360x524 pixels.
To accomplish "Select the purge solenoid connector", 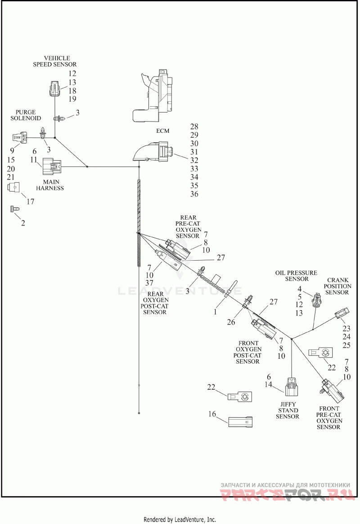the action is [x=19, y=138].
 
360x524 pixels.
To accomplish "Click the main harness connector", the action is [x=52, y=167].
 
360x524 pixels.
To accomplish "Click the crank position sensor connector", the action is [x=342, y=313].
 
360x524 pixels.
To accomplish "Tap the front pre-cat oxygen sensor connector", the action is [x=332, y=391].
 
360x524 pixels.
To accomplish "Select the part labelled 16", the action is [x=240, y=422].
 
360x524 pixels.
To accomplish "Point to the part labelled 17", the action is [x=13, y=187].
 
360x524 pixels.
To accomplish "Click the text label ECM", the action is [x=162, y=131].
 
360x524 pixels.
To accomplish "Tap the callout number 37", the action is [x=149, y=283].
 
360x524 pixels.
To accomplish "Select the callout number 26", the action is [x=231, y=322].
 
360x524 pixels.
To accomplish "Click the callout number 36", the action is [x=194, y=194].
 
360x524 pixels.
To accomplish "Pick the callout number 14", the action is [x=268, y=384].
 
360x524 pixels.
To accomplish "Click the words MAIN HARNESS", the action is [x=50, y=185].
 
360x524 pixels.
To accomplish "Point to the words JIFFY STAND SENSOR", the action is [x=288, y=411].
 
